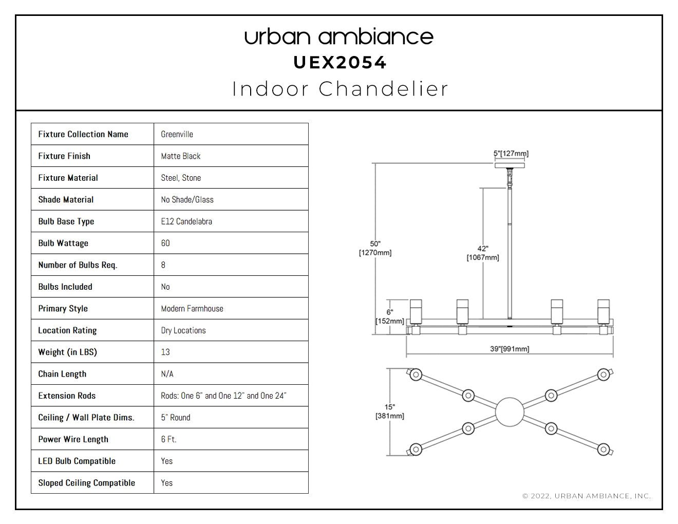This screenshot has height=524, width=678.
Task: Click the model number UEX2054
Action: [x=340, y=63]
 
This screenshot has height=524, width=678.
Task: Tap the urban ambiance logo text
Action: [x=339, y=37]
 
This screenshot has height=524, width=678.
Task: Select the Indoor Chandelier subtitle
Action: [x=340, y=89]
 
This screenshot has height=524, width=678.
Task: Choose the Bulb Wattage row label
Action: [x=63, y=243]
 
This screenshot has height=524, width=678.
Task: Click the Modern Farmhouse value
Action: [x=192, y=308]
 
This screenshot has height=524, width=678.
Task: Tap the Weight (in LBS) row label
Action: [x=67, y=352]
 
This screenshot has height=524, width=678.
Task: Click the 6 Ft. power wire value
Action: [x=169, y=439]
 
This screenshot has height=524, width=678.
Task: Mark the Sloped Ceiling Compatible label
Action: [x=86, y=483]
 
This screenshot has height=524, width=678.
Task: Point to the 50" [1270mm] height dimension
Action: [x=375, y=248]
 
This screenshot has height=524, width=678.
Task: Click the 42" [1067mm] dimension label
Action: [x=483, y=253]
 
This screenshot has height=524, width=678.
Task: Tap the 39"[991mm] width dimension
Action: [x=510, y=349]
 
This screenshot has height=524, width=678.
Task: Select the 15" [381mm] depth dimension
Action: [x=390, y=411]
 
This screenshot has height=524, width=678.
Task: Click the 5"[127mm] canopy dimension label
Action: [x=511, y=154]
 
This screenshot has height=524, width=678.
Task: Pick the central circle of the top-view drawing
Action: [x=510, y=412]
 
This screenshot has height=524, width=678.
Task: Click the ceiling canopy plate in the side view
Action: [x=510, y=165]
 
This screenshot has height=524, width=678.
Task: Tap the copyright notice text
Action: [x=587, y=496]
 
